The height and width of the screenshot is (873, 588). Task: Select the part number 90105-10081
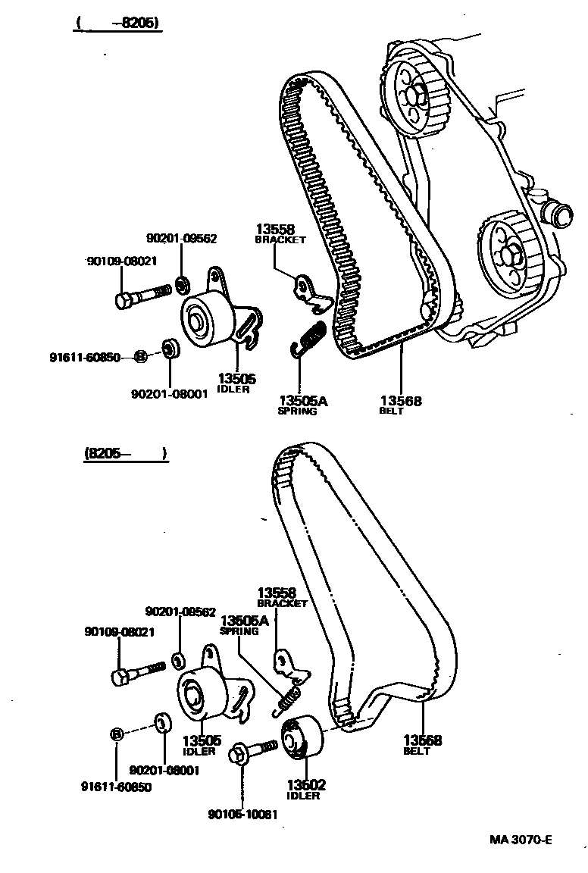point(243,815)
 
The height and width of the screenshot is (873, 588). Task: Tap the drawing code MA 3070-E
point(521,840)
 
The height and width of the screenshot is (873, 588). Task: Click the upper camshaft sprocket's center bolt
point(412,96)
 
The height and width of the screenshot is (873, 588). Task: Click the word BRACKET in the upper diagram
point(280,239)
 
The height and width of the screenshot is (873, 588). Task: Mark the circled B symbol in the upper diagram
point(139,355)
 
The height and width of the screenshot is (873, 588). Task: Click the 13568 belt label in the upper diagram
point(401,401)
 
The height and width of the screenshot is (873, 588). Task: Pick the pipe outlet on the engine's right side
point(561,214)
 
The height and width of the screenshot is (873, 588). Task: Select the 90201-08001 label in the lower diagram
point(164,770)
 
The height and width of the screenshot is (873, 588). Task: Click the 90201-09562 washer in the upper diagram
point(183,286)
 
